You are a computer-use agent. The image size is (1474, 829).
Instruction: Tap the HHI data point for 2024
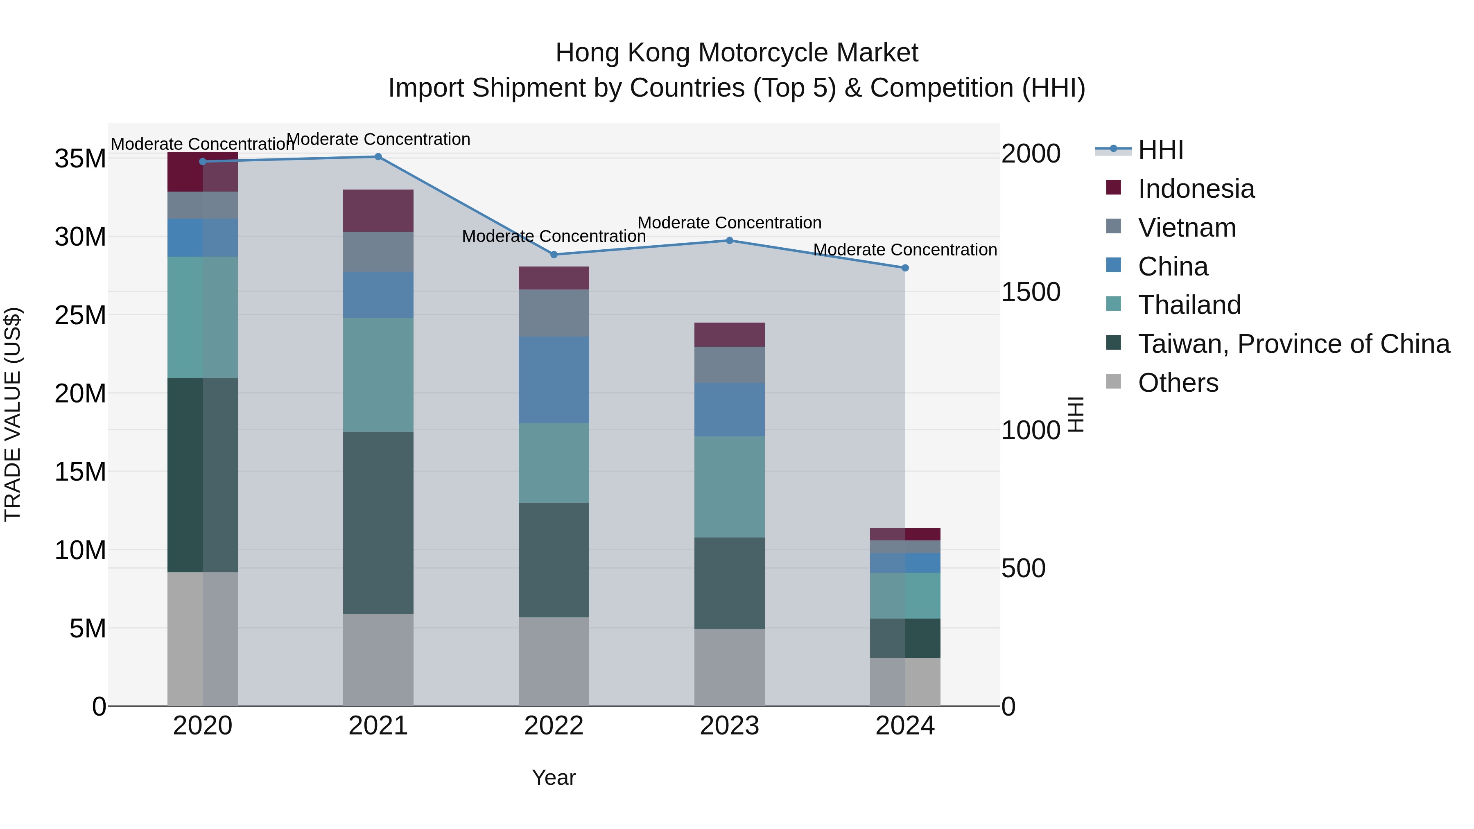pyautogui.click(x=904, y=268)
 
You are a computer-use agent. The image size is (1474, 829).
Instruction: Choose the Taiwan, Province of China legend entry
pyautogui.click(x=1293, y=344)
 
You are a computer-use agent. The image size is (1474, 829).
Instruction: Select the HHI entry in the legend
pyautogui.click(x=1160, y=150)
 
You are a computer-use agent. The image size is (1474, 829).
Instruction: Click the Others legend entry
pyautogui.click(x=1178, y=383)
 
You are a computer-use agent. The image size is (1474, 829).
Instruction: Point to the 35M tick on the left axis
pyautogui.click(x=80, y=158)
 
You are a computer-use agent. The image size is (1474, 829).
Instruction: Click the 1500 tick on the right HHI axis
pyautogui.click(x=1031, y=292)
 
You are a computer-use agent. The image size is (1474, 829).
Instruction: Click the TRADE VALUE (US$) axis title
pyautogui.click(x=13, y=414)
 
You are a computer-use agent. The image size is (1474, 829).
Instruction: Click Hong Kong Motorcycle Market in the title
pyautogui.click(x=737, y=53)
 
